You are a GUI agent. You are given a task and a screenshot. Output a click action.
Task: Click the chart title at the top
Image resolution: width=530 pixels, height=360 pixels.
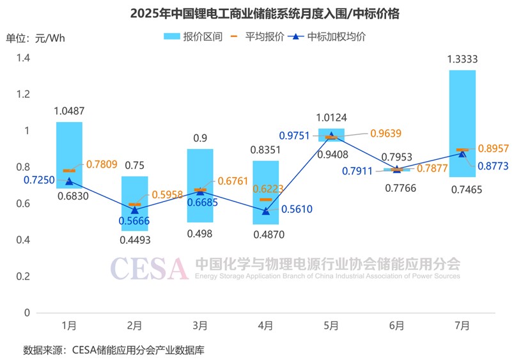[x=265, y=13]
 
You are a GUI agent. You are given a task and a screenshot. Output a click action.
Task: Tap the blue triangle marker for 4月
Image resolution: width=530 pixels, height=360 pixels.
[x=265, y=210]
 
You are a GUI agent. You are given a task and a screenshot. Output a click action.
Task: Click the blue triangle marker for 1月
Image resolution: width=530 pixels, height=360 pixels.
[x=69, y=181]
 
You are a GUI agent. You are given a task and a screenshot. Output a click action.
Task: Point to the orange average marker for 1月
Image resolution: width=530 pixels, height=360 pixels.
[x=69, y=171]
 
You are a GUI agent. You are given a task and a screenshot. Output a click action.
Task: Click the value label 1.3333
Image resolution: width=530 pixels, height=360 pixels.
[x=462, y=59]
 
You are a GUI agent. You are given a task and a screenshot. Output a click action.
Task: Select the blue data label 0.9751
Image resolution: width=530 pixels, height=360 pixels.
[x=295, y=136]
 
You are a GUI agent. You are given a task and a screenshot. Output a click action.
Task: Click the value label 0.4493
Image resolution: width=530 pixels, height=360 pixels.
[x=134, y=241]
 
